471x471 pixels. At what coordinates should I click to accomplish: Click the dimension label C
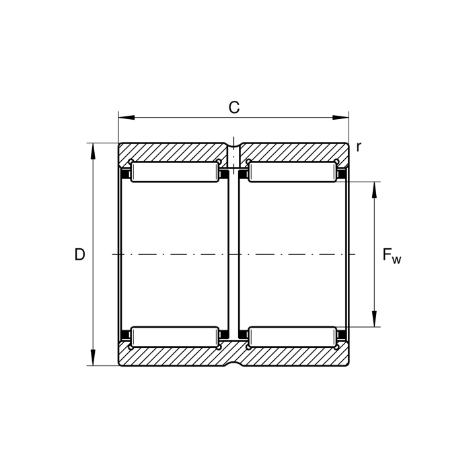(234, 108)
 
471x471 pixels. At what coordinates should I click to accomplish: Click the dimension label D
(79, 255)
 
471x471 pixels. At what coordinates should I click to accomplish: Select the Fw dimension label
(392, 256)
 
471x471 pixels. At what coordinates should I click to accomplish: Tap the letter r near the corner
(358, 147)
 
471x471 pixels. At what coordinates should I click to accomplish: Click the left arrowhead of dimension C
(126, 118)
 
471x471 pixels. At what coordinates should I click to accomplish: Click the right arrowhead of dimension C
(341, 118)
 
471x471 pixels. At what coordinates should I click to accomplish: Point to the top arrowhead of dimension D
(93, 151)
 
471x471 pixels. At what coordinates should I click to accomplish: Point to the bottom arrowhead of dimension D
(93, 357)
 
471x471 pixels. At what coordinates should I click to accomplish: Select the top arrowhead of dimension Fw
(374, 190)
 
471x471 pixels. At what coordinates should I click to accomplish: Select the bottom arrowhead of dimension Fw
(374, 319)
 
